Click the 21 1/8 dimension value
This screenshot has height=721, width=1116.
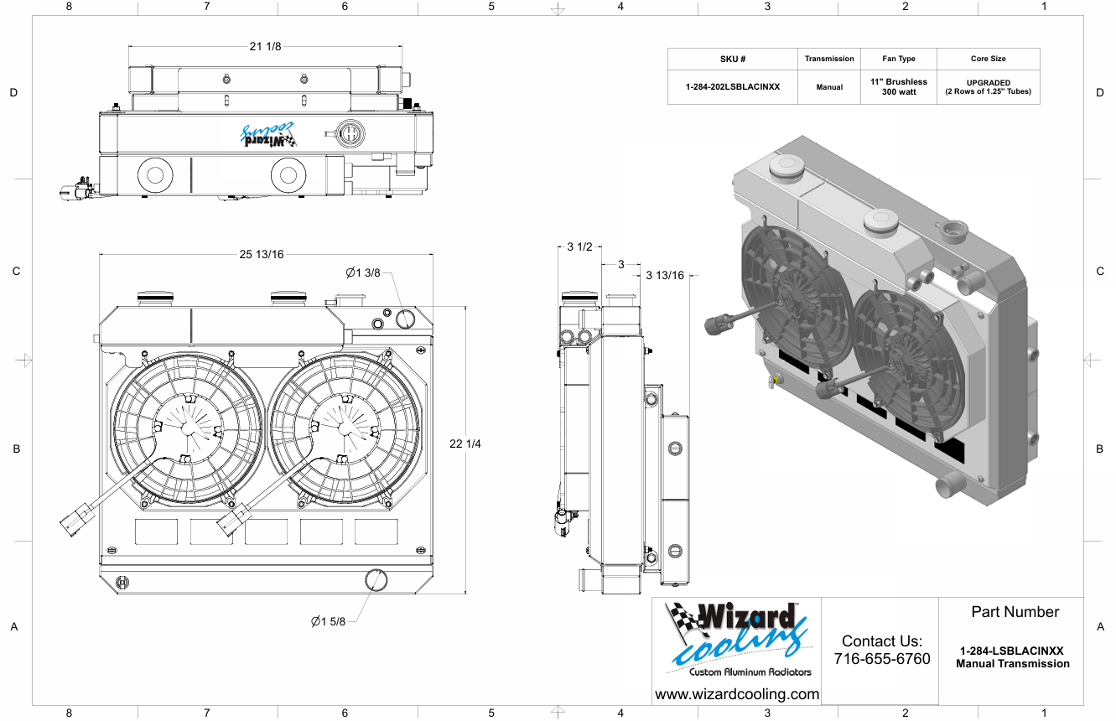265,46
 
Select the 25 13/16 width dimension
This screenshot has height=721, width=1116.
262,255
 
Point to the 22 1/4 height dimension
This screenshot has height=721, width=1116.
465,443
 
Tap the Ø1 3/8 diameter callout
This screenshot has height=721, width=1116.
363,272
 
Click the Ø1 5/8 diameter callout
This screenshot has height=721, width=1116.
328,621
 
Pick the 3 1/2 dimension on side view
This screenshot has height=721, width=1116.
579,247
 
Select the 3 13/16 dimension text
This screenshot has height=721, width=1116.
666,275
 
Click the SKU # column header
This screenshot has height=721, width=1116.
733,60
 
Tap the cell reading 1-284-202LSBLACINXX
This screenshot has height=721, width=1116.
733,86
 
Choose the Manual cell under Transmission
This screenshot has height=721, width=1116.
829,87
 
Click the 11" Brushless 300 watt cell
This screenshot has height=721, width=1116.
899,86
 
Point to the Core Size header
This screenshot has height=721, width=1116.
988,60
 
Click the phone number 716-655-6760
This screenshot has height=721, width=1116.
882,659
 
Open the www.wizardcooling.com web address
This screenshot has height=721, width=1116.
737,694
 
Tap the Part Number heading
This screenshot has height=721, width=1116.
1015,612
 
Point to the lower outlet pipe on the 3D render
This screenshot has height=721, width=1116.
948,485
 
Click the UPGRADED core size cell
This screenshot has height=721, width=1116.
988,86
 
